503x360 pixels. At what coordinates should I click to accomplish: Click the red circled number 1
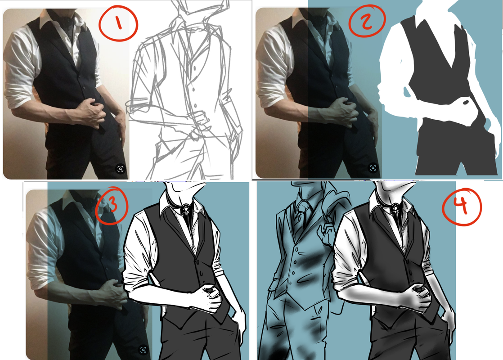[x=118, y=23]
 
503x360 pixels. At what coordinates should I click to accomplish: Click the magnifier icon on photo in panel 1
[x=120, y=169]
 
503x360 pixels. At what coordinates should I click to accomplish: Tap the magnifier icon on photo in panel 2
[x=373, y=168]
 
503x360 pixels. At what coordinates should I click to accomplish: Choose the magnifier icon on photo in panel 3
[x=144, y=350]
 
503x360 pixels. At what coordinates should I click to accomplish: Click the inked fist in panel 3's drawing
[x=208, y=297]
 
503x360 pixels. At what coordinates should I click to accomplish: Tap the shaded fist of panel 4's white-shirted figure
[x=418, y=297]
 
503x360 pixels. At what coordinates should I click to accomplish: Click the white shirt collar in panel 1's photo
[x=48, y=19]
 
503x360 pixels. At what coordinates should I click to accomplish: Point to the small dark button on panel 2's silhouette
[x=466, y=102]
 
